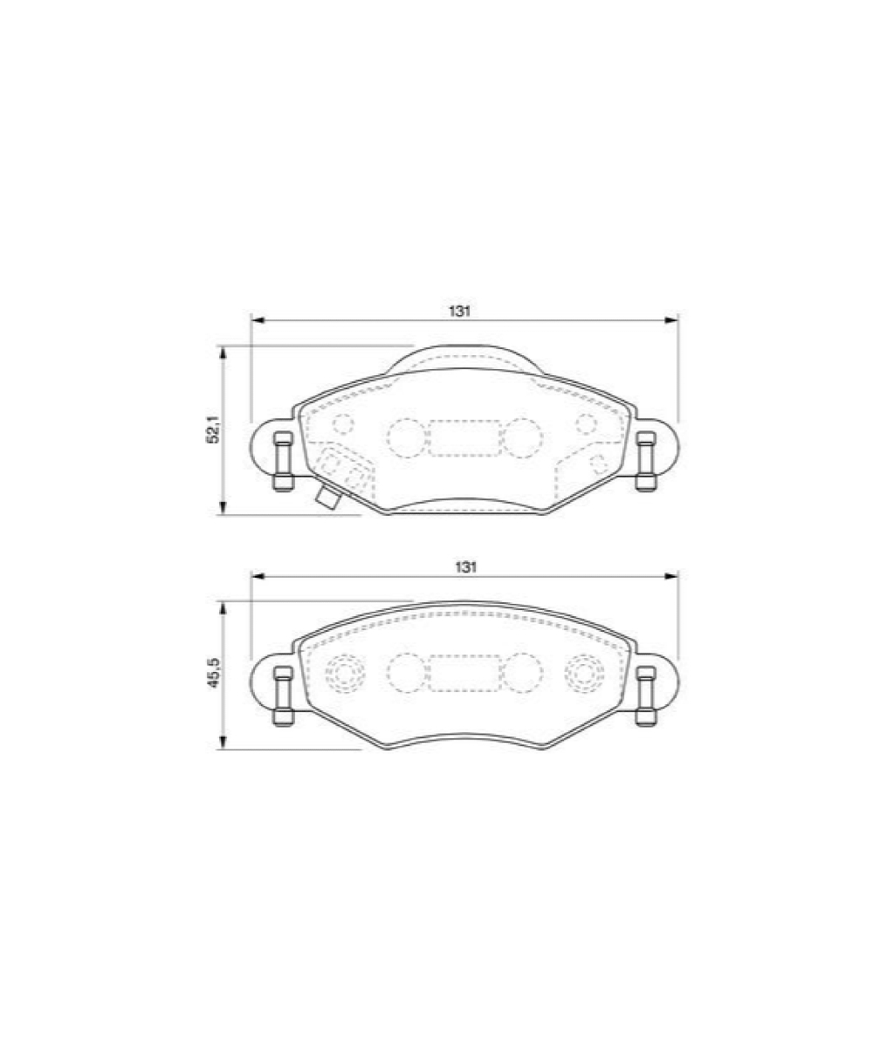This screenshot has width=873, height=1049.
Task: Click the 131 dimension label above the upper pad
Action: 459,311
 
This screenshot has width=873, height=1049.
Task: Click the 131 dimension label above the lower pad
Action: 465,567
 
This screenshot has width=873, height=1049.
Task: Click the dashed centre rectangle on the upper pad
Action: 464,438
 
